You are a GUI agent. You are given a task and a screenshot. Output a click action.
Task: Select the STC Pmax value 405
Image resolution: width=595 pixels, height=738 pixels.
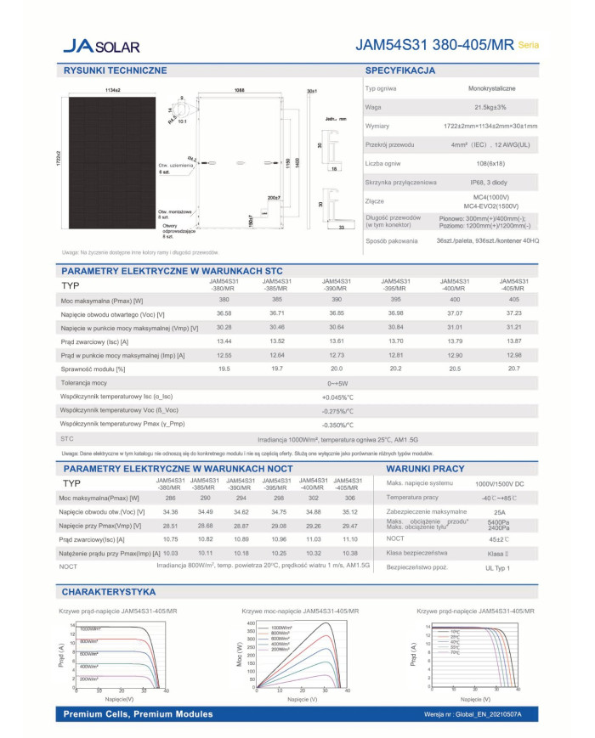513,300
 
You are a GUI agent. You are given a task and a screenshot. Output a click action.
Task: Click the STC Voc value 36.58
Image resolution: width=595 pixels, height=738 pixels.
224,313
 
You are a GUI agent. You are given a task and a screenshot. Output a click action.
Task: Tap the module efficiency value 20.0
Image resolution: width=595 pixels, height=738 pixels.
336,369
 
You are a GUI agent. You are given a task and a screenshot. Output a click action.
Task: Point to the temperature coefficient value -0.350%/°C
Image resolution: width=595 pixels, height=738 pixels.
337,424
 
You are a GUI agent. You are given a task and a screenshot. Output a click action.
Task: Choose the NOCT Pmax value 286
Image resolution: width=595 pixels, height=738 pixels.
169,498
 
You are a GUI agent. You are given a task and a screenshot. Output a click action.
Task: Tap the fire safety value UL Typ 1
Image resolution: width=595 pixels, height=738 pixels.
498,566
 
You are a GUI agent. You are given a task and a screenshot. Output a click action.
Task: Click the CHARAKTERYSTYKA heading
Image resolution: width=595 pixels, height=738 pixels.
108,591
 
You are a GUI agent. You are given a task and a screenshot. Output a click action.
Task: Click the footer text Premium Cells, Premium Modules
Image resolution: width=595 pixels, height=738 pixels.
138,714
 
